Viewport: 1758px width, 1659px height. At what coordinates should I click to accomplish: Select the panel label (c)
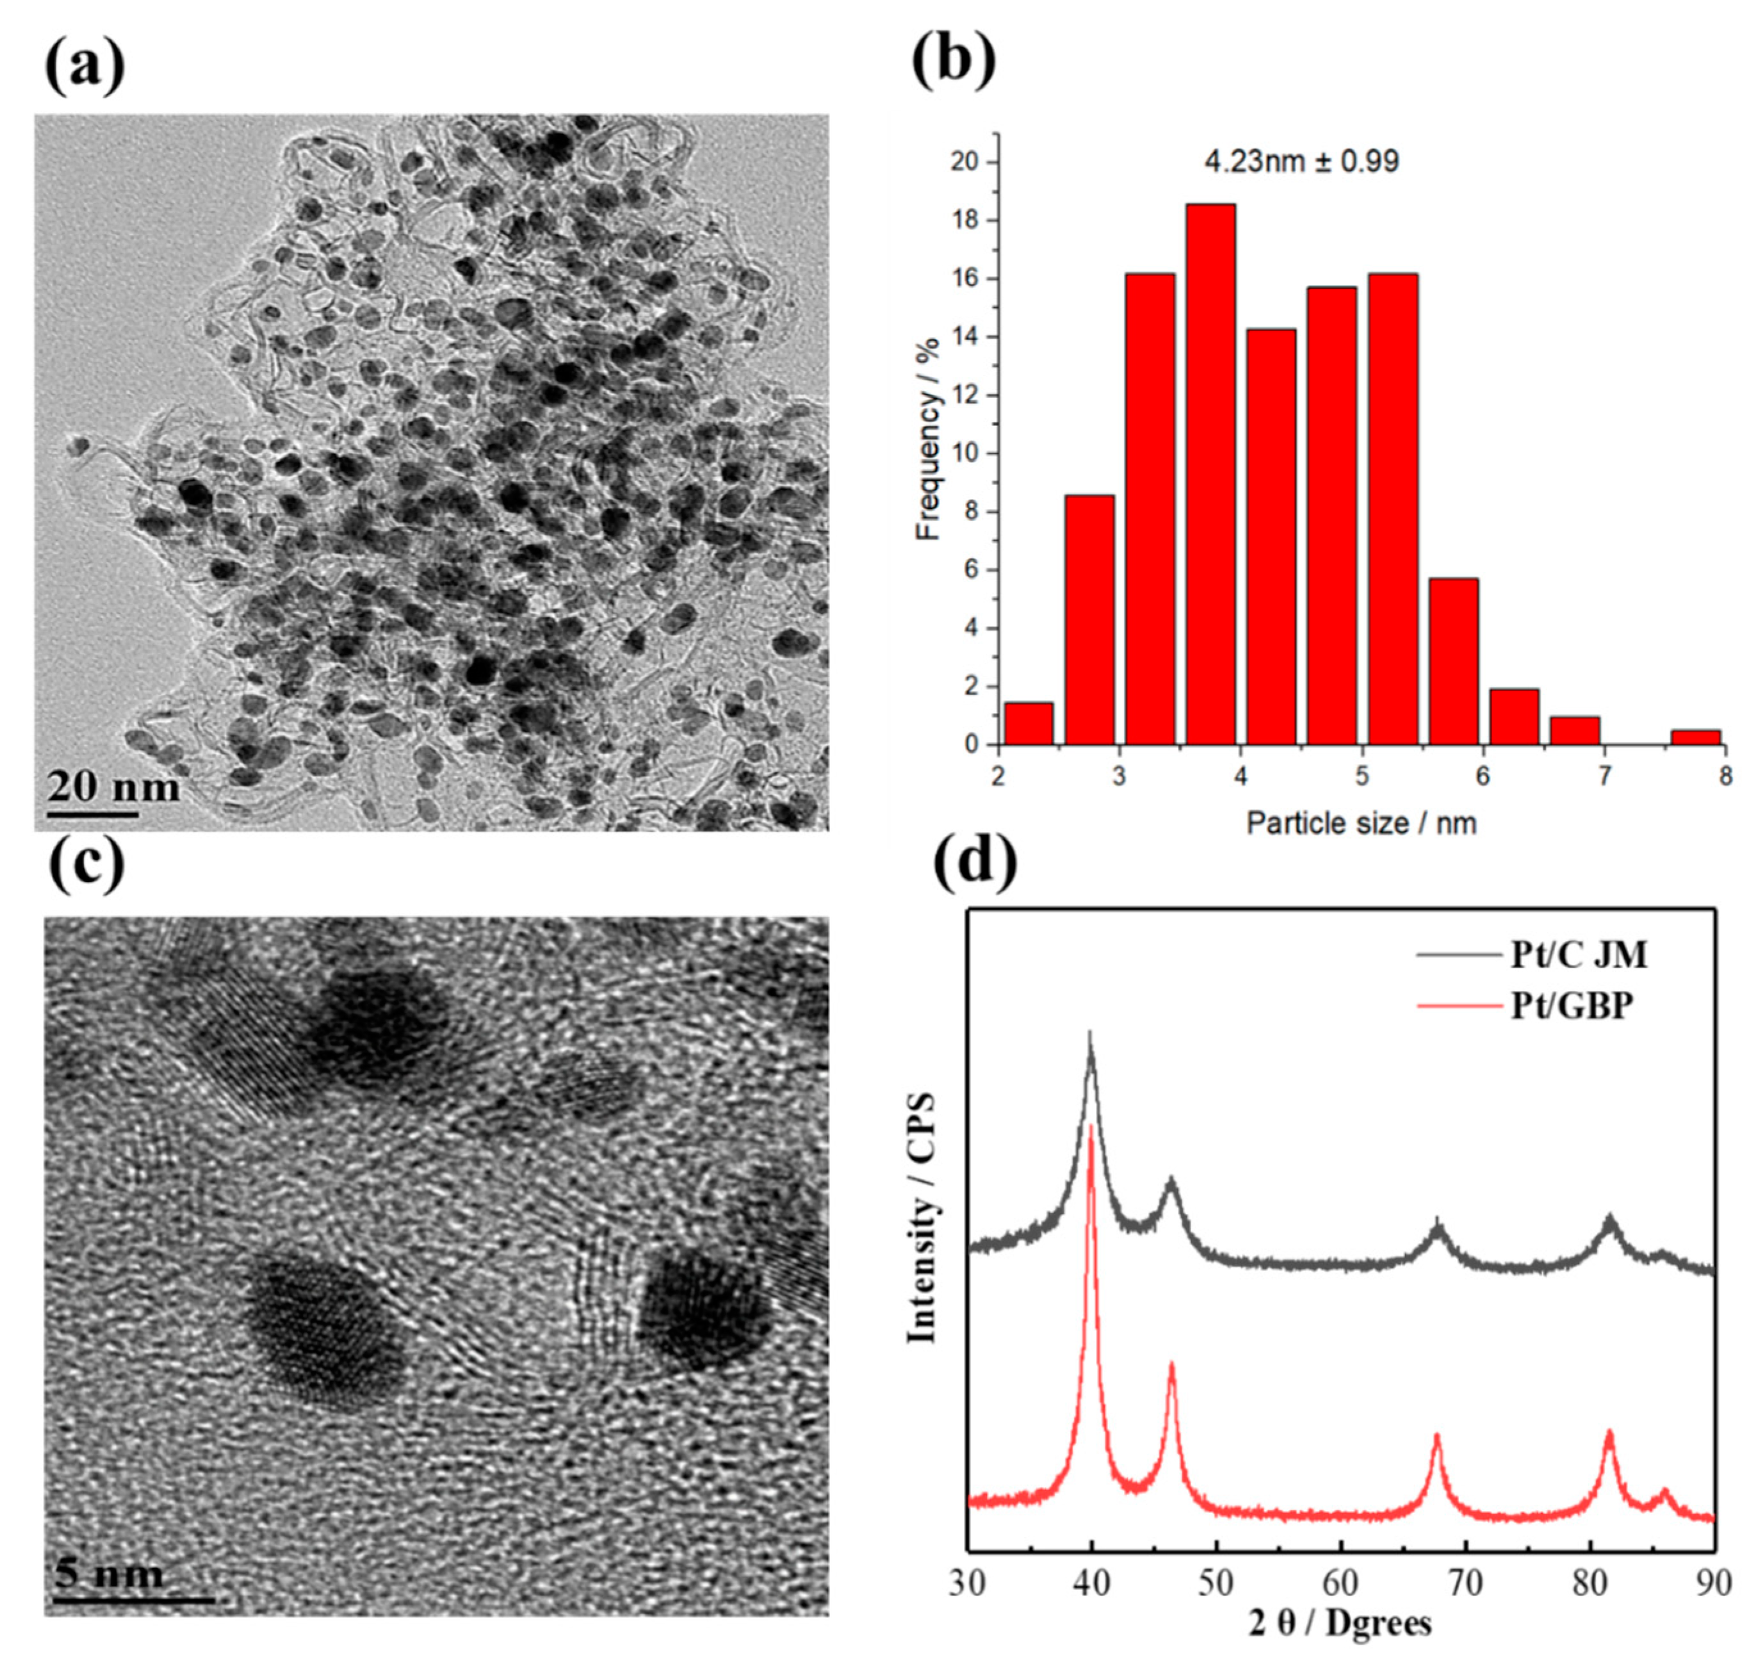[x=86, y=864]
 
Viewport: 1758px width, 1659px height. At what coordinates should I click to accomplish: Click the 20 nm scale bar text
[x=113, y=785]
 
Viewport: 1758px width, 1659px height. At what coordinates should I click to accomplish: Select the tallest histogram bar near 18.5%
[x=1210, y=473]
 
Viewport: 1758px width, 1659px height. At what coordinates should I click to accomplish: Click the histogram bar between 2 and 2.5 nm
[x=1029, y=723]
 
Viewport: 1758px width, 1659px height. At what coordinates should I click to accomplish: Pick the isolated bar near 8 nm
[x=1695, y=736]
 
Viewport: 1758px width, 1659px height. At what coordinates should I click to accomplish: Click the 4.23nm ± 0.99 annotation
[x=1302, y=162]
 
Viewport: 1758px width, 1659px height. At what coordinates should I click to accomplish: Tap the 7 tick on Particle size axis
[x=1603, y=776]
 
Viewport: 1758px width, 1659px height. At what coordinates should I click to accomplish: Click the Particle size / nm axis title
[x=1362, y=823]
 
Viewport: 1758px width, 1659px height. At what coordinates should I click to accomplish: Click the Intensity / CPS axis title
[x=922, y=1218]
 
